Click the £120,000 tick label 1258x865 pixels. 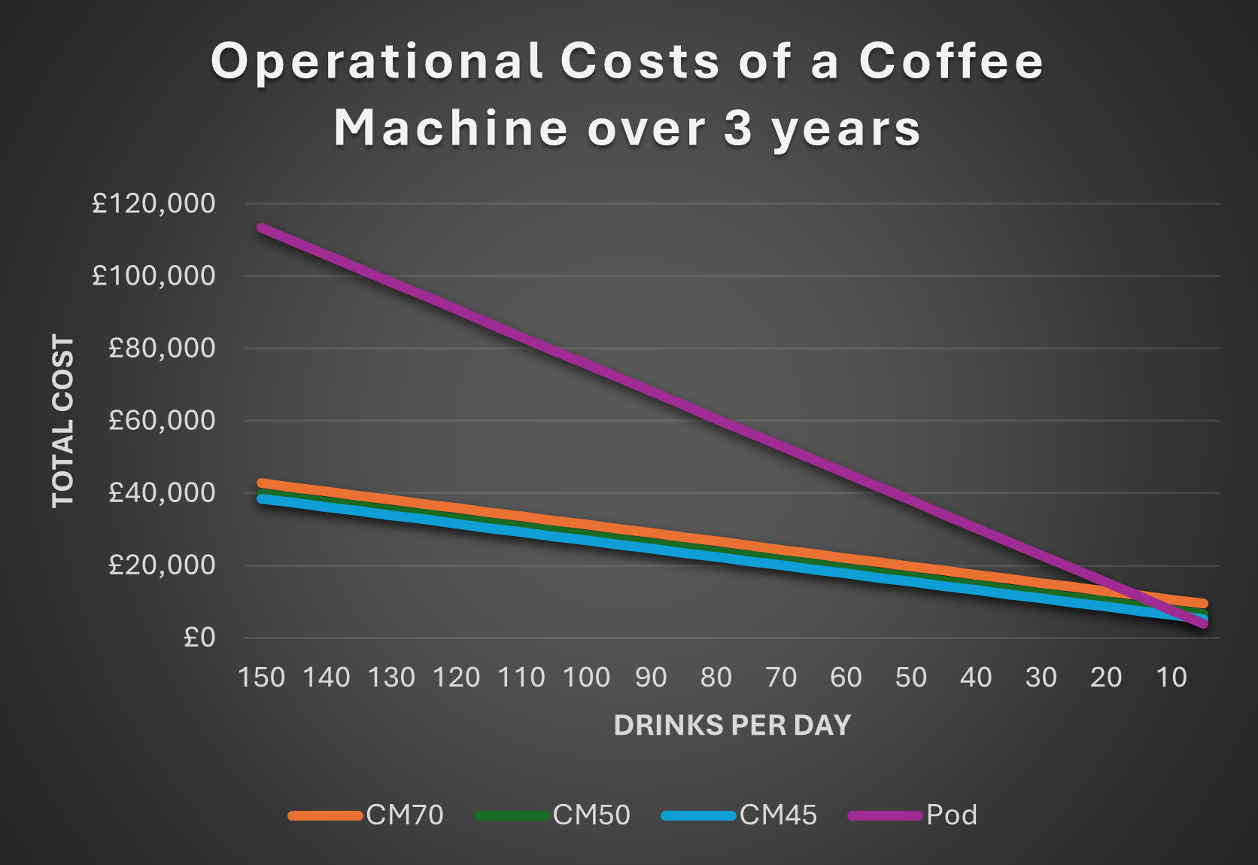pos(153,203)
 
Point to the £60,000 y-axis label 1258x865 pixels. pos(162,420)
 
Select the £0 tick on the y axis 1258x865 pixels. pos(199,638)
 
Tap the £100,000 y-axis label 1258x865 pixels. pos(153,276)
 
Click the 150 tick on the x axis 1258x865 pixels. pos(262,678)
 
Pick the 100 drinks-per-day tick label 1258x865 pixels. pos(587,678)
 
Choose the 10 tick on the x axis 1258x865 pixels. pos(1171,678)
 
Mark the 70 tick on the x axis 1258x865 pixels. pos(781,678)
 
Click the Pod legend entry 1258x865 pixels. pos(952,815)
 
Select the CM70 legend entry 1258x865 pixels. pos(405,815)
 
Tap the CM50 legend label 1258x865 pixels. pos(591,815)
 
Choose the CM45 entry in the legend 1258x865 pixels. pos(778,815)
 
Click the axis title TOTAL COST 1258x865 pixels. pos(63,421)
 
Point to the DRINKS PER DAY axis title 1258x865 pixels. pos(732,725)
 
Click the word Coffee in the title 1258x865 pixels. pos(951,61)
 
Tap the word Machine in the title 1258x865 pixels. pos(450,128)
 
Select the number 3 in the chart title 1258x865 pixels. pos(738,128)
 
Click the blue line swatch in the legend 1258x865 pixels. pos(698,815)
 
